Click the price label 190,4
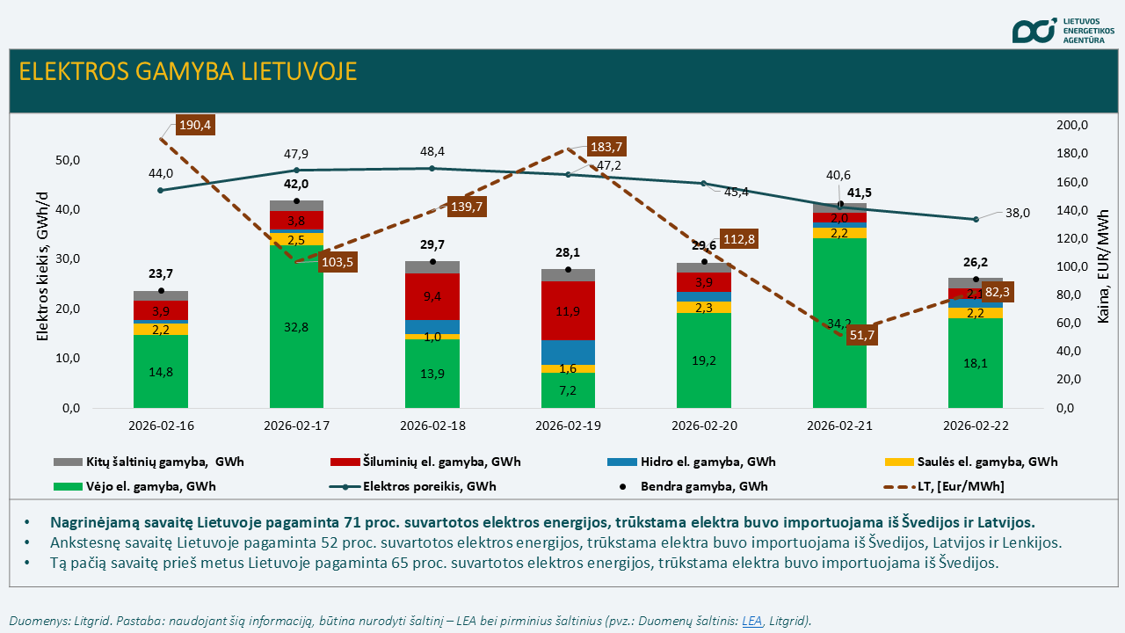(195, 125)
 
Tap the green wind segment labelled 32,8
(296, 327)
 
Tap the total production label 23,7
(161, 273)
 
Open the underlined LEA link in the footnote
(751, 621)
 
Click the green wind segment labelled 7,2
(568, 389)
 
